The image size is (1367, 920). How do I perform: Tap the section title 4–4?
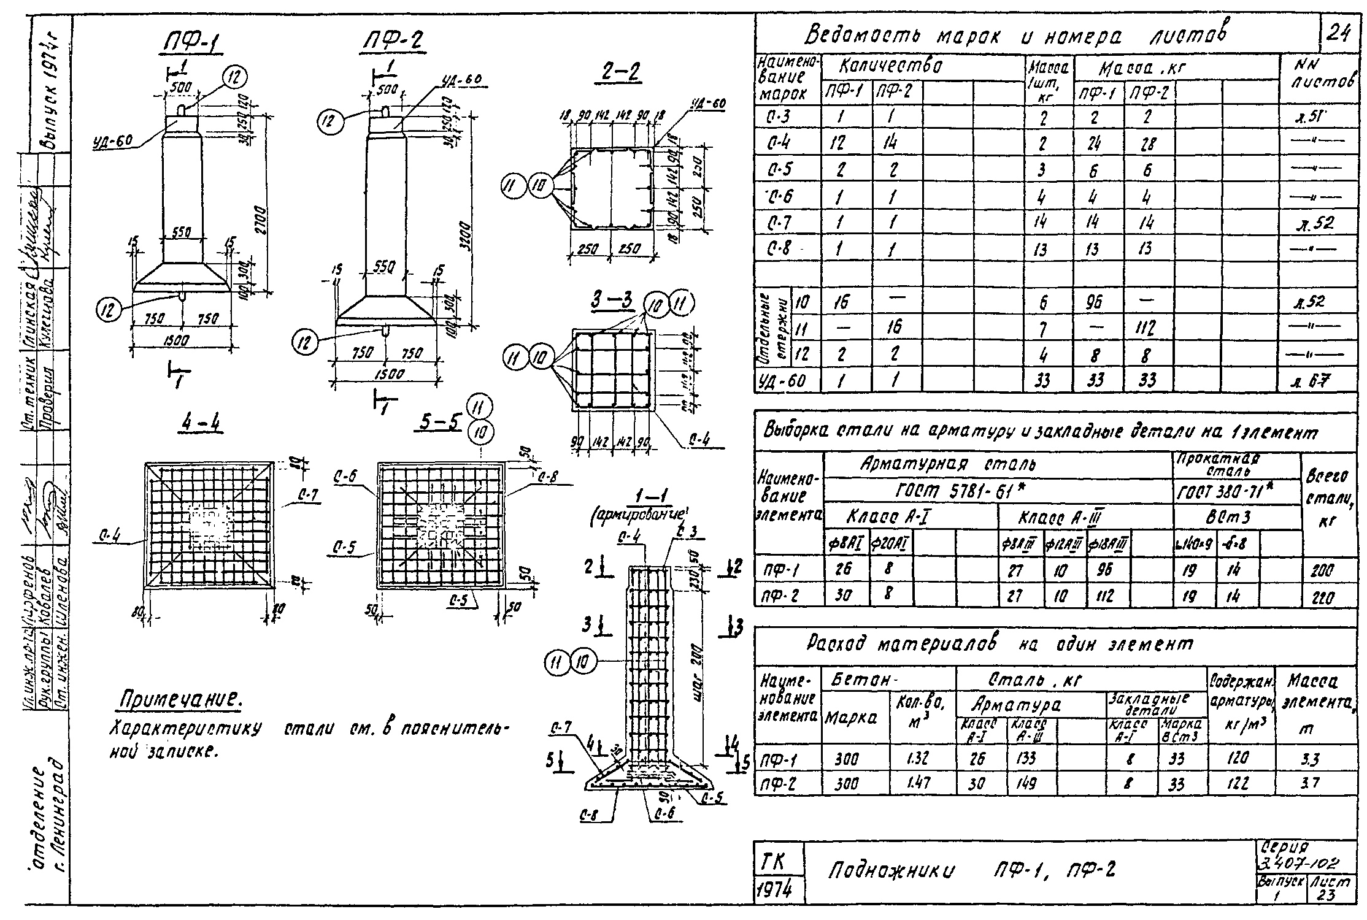coord(202,424)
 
